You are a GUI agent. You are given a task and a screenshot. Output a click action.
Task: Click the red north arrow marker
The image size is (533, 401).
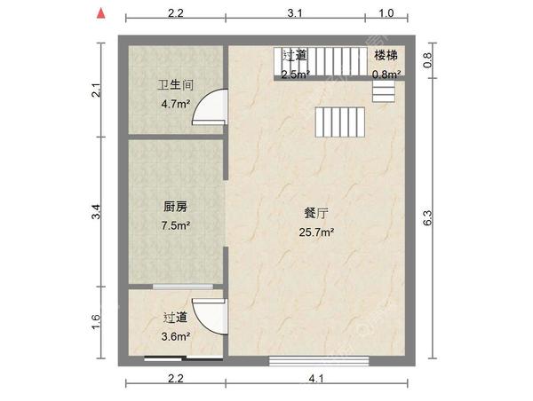coord(103,14)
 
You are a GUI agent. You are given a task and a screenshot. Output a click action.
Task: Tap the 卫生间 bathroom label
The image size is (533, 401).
coord(176,86)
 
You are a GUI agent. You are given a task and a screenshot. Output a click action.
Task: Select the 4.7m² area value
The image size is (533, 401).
coord(176,104)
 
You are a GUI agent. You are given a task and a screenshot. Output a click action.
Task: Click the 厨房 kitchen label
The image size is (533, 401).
coord(175,207)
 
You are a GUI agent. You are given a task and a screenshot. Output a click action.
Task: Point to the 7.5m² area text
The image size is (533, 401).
coord(176,224)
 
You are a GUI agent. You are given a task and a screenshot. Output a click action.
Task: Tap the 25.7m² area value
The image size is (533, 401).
coord(317,232)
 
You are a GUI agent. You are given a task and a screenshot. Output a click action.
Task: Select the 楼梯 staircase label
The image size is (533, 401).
coord(386,56)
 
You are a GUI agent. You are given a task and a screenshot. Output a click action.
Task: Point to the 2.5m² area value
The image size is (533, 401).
coord(295,75)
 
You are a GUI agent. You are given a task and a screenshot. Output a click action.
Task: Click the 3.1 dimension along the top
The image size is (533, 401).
coord(295,13)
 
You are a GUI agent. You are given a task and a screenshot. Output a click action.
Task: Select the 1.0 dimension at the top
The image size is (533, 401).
coord(386,13)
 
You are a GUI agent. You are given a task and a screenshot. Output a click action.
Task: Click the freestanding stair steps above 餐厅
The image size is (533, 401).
coord(338,122)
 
